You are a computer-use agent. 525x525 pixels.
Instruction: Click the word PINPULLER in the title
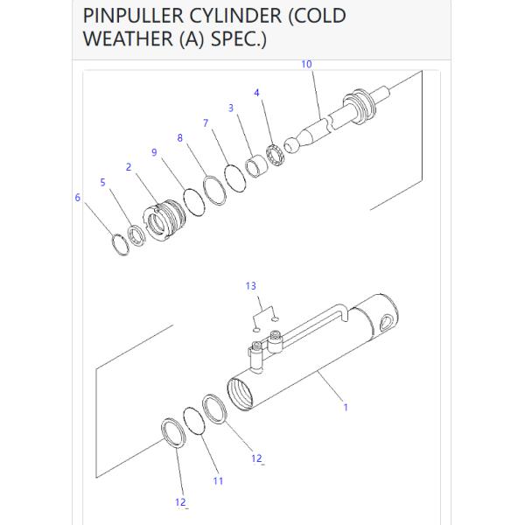[134, 16]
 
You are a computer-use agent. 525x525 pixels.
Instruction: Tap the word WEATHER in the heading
[129, 38]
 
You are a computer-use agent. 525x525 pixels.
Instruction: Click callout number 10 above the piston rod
[307, 64]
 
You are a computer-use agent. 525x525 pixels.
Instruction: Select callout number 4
[256, 93]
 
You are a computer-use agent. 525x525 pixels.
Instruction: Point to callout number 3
[231, 108]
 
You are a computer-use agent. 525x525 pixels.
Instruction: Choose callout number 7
[206, 122]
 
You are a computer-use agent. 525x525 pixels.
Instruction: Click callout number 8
[179, 137]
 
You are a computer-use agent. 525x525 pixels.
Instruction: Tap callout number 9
[154, 152]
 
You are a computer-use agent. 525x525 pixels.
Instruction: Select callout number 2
[129, 167]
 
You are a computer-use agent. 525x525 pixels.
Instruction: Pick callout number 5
[102, 182]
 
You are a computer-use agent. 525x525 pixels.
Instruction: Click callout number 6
[78, 198]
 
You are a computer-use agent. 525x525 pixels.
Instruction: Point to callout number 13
[251, 286]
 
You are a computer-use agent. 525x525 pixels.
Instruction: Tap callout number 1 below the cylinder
[346, 408]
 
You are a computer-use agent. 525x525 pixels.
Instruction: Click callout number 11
[218, 481]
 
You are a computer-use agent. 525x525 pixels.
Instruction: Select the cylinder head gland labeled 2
[164, 220]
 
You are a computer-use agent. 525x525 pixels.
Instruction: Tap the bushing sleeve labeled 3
[257, 165]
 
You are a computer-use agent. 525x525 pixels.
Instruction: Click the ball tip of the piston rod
[291, 145]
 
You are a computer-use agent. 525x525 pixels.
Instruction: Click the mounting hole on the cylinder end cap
[387, 322]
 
